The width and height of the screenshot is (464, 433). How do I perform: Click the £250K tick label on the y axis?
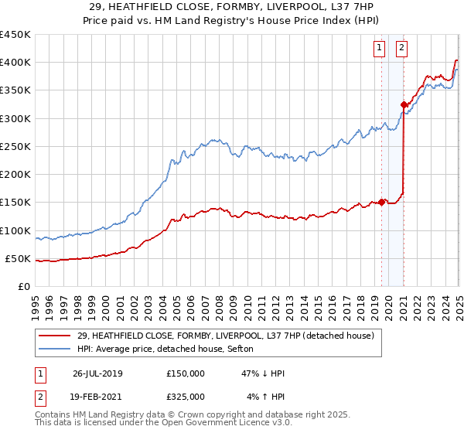tap(15, 146)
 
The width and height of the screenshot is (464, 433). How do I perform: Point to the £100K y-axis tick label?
tap(15, 230)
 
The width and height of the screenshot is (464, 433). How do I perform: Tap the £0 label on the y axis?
tap(23, 287)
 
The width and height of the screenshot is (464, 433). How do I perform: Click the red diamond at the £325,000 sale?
tap(404, 104)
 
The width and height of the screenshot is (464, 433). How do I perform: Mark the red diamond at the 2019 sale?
tap(382, 203)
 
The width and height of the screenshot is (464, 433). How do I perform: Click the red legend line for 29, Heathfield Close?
tap(55, 336)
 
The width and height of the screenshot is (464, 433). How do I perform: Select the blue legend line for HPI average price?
tap(55, 349)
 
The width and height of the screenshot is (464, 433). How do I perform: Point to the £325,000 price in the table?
tap(186, 397)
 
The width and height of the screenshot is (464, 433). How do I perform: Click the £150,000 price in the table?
tap(186, 373)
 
